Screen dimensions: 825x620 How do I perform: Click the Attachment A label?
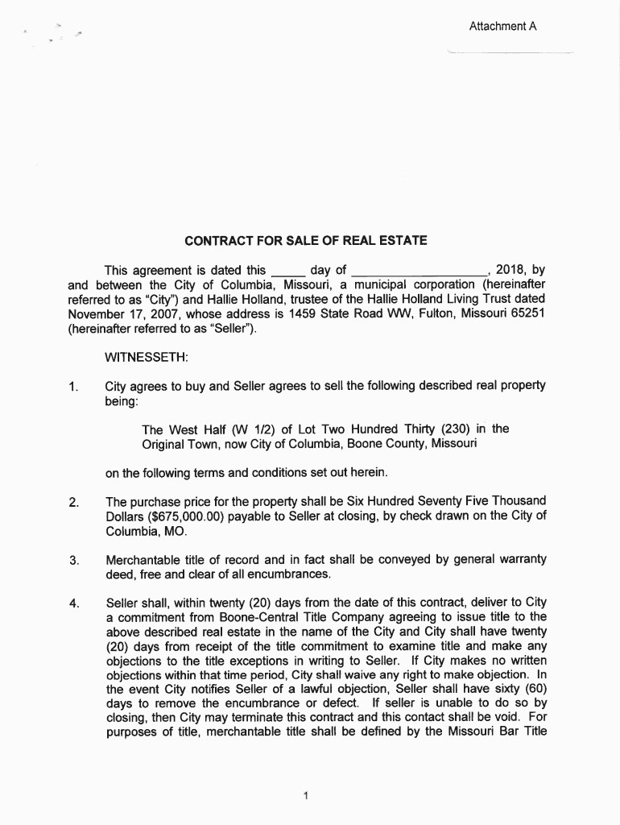coord(502,27)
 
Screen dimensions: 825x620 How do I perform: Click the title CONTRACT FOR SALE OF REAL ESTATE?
coord(305,241)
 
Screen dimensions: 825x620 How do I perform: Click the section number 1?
coord(73,387)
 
